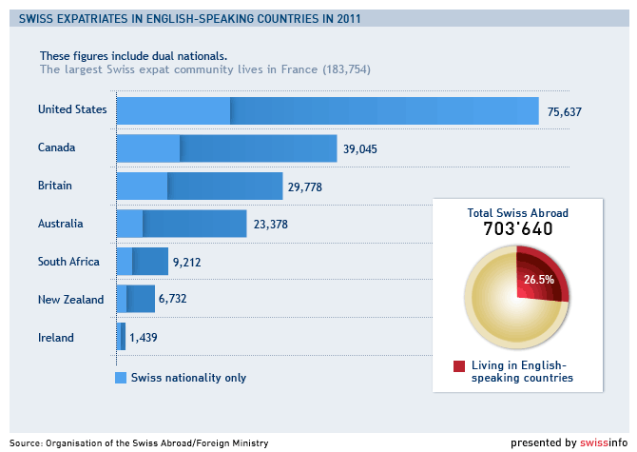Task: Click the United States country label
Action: pos(72,109)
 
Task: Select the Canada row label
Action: pos(56,147)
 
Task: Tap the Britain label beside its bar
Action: pos(55,186)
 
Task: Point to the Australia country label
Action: pos(61,224)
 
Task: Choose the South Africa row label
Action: pos(68,262)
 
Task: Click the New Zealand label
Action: pos(70,300)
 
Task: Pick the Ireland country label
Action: pos(55,338)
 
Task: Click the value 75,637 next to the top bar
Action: pos(565,112)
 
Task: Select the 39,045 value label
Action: pos(360,149)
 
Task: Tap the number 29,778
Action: pos(305,187)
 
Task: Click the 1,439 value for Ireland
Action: pos(144,338)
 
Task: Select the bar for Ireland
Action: pos(121,337)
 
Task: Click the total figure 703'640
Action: pos(518,229)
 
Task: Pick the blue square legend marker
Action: pos(121,378)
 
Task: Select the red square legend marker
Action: pos(459,366)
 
